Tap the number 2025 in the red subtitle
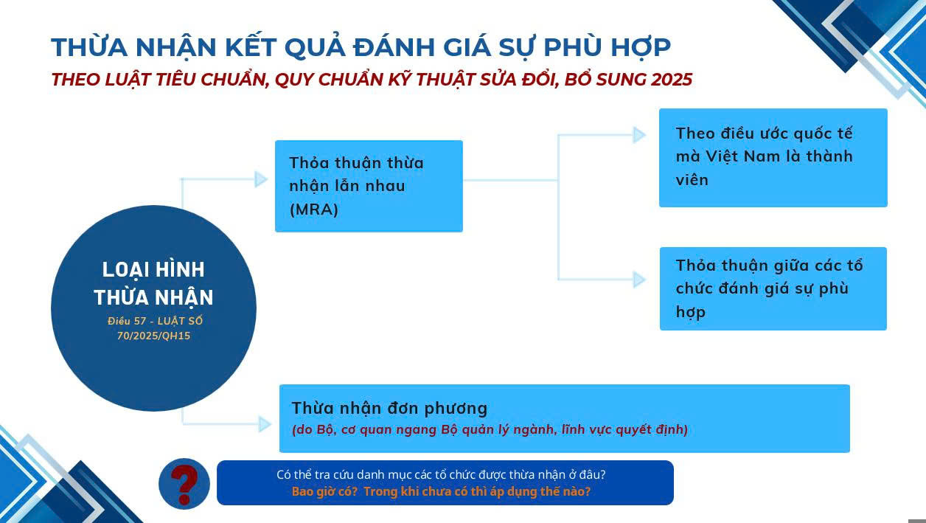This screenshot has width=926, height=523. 672,80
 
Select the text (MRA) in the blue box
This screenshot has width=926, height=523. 314,209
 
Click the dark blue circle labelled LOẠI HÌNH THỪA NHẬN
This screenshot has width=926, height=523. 154,308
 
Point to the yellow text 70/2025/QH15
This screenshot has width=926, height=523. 154,336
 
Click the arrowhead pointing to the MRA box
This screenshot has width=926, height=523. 261,179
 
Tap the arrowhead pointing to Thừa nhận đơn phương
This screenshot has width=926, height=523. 265,424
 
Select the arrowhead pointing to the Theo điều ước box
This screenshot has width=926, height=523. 639,135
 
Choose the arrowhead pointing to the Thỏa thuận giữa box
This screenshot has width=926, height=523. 639,280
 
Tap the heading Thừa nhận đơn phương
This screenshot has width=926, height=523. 389,409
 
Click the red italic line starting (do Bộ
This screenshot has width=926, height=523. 490,430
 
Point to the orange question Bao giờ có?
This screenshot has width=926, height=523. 324,491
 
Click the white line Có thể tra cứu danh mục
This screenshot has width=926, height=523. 441,474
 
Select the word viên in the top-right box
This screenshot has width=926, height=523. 692,180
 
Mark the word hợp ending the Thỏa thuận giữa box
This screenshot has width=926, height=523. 690,312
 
